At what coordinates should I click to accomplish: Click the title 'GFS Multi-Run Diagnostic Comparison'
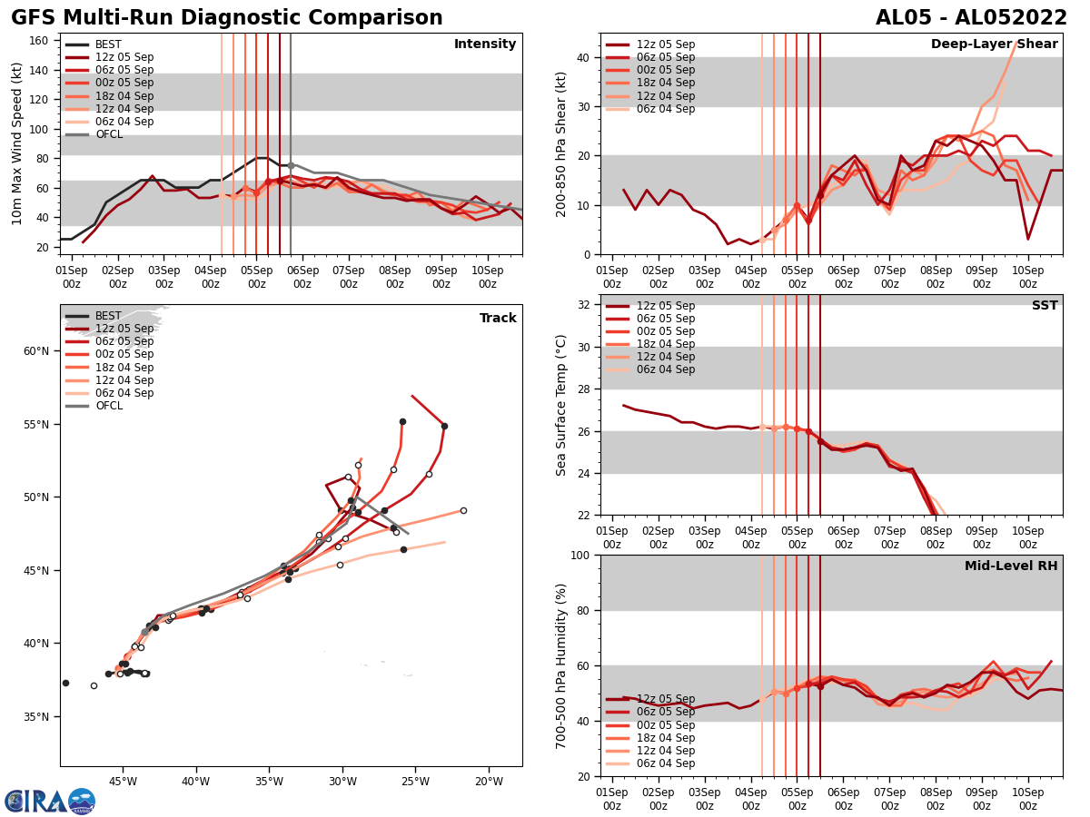tap(227, 18)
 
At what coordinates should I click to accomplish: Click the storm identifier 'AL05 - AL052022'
tap(971, 18)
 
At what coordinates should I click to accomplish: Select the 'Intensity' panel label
tap(485, 44)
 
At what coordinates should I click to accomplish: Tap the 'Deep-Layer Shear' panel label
tap(994, 44)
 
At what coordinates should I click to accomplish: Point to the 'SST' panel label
tap(1045, 306)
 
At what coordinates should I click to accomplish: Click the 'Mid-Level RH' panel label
tap(1011, 566)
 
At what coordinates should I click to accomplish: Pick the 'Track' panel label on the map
tap(498, 319)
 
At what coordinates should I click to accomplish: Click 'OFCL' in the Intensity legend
tap(109, 135)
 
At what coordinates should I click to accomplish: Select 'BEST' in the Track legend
tap(108, 317)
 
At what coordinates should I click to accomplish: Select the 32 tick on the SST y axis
tap(585, 305)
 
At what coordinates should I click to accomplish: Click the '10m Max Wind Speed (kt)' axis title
tap(17, 143)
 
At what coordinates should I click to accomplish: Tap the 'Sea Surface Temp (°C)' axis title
tap(561, 405)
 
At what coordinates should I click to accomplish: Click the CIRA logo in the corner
tap(50, 801)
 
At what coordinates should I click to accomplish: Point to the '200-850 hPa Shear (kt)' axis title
tap(561, 143)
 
